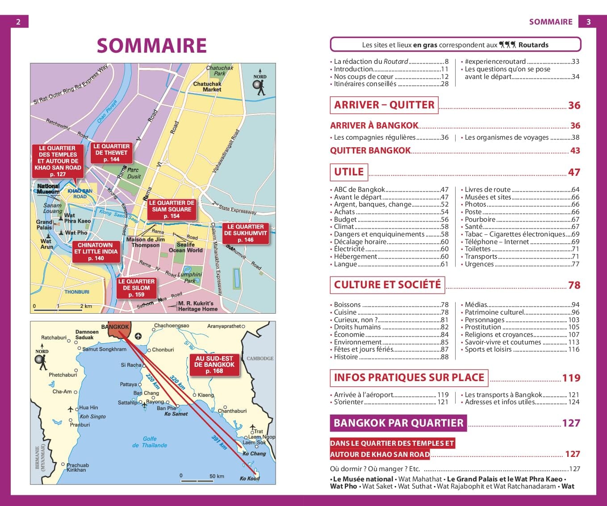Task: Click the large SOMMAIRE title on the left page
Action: coord(151,46)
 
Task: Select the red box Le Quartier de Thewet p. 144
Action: coord(111,153)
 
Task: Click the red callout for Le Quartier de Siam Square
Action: coord(172,209)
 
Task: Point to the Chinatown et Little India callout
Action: coord(96,252)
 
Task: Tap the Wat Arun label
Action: coord(46,244)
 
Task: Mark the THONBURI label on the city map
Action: coord(77,292)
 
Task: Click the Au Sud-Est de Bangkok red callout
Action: coord(214,365)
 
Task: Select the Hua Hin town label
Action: coord(88,407)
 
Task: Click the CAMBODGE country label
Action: coord(260,358)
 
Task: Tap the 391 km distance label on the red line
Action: coord(219,442)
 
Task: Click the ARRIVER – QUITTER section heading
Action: coord(384,105)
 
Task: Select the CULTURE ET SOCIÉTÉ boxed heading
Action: coord(387,285)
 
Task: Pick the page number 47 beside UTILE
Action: coord(574,172)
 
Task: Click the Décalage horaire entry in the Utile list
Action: coord(360,241)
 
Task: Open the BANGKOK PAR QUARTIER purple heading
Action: coord(398,423)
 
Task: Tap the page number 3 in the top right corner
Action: coord(588,21)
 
